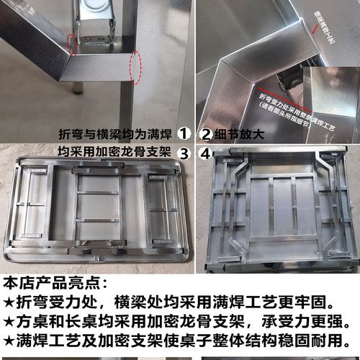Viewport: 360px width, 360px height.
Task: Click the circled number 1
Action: pos(185,133)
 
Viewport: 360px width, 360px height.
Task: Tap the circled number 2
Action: pos(205,133)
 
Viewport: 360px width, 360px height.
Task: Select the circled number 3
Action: pos(184,152)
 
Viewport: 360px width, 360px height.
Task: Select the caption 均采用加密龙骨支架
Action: pos(115,152)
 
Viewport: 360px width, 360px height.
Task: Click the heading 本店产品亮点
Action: pos(55,282)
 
